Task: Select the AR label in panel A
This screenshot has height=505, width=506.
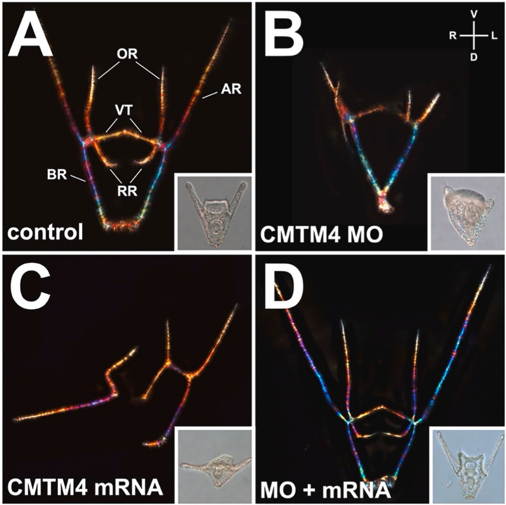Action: tap(230, 89)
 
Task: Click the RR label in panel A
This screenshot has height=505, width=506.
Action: tap(127, 191)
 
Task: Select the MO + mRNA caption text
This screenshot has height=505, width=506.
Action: tap(324, 487)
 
